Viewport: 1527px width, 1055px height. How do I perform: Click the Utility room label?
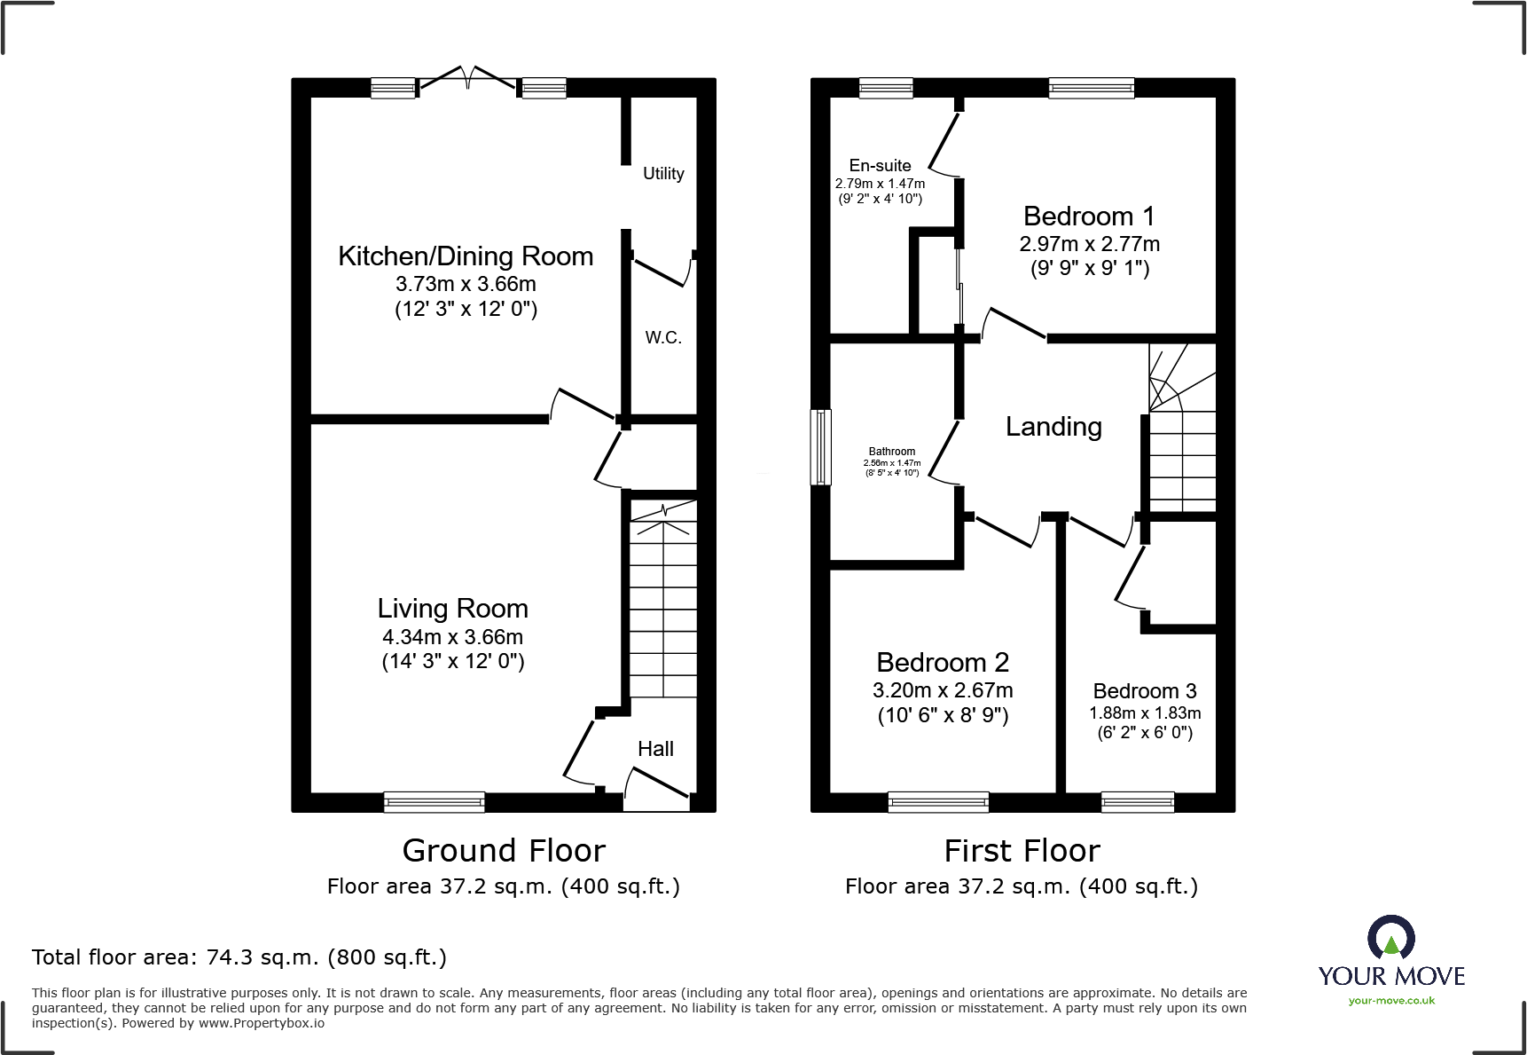point(663,174)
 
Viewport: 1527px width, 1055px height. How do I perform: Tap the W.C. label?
point(663,338)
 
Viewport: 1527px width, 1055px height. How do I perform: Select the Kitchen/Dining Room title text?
point(466,256)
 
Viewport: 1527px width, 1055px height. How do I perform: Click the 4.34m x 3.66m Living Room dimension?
point(452,637)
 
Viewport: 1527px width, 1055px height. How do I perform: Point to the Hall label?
point(655,749)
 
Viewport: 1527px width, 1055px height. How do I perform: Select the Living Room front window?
point(435,802)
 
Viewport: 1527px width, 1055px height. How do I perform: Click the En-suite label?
point(880,166)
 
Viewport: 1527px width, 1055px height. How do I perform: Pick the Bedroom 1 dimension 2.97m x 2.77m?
point(1089,244)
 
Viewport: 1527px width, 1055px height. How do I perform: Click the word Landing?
point(1053,427)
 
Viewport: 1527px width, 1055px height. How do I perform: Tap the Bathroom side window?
point(821,447)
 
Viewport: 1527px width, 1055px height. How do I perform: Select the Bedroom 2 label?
point(943,663)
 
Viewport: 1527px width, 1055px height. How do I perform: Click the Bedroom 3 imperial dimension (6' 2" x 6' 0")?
point(1145,733)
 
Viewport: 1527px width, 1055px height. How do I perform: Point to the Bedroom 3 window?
point(1138,802)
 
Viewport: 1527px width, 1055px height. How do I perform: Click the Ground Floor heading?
point(504,851)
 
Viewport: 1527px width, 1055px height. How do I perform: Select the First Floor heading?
point(1022,851)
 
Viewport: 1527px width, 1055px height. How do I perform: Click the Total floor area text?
point(239,957)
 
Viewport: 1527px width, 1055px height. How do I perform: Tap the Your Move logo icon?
point(1390,937)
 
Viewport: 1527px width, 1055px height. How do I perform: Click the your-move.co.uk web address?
point(1391,1001)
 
